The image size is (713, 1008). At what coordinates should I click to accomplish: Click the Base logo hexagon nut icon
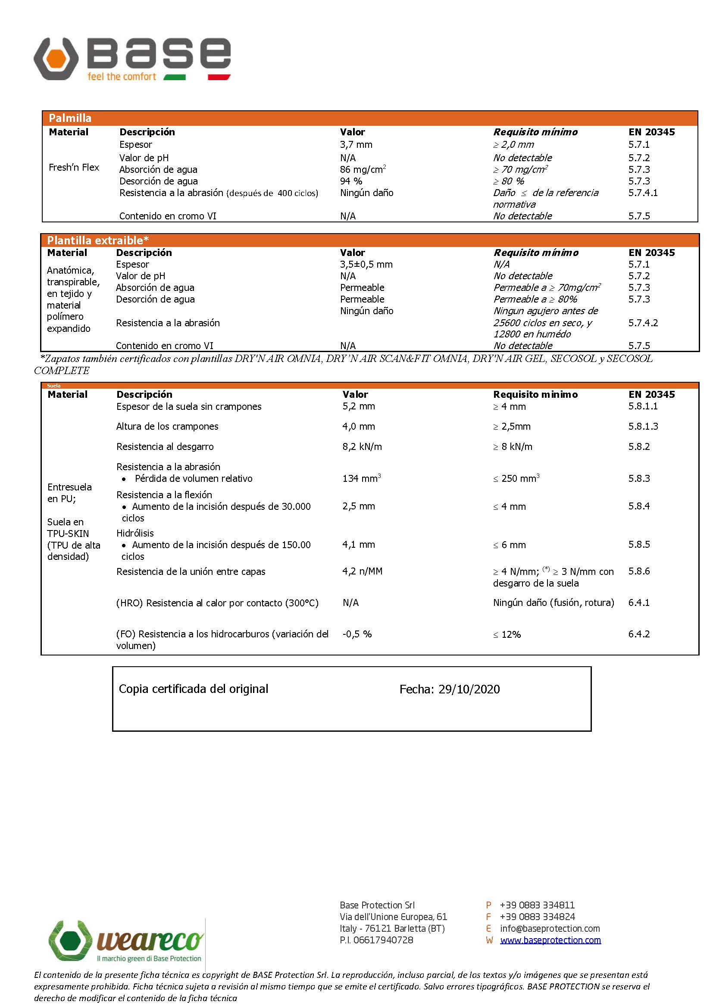point(56,59)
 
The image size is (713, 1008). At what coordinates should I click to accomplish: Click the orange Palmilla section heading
point(70,118)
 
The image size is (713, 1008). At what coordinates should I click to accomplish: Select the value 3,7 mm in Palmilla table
point(356,144)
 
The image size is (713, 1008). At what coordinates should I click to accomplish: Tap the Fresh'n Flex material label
point(74,167)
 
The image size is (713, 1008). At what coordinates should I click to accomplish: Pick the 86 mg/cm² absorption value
point(363,169)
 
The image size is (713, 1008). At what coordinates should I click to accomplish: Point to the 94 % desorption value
point(351,181)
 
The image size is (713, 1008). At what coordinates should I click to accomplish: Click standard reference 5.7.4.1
point(643,193)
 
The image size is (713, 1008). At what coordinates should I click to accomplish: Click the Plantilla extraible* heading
point(98,240)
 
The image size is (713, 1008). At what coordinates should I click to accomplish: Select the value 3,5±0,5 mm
point(366,264)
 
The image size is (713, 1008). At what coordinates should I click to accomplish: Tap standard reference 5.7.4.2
point(643,323)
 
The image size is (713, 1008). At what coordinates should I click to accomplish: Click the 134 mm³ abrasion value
point(361,478)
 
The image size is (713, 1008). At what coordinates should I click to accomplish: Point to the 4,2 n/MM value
point(362,571)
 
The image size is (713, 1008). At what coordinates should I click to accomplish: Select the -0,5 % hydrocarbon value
point(357,634)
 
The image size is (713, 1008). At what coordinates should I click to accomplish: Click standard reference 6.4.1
point(639,602)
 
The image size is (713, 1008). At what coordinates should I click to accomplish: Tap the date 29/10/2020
point(469,689)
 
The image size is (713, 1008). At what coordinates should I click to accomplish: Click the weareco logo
point(126,941)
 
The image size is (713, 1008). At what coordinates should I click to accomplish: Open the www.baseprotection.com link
point(550,940)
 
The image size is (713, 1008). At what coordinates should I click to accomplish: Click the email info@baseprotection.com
point(550,928)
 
